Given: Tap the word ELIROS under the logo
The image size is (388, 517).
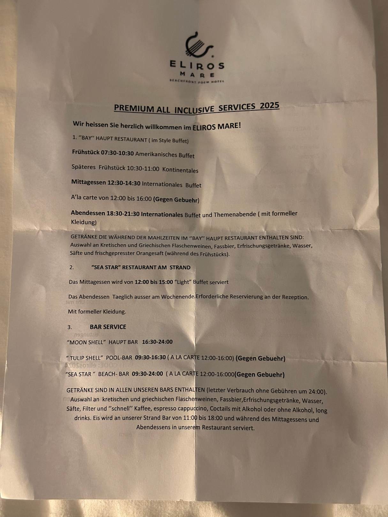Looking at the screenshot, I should point(197,65).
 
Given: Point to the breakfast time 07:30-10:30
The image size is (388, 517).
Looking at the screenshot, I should point(117,153).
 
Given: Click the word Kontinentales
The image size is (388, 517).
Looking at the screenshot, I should point(180,170).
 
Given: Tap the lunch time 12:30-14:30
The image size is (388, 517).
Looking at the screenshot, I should point(124,183).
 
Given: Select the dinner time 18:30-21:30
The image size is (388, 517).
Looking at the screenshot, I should point(123,214).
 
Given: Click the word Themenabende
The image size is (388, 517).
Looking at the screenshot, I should point(235,214).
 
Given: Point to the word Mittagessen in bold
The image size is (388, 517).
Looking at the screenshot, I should point(88,182).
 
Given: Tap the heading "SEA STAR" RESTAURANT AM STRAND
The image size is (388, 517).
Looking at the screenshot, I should point(141,267).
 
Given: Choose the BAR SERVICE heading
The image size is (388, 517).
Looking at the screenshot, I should point(108,327).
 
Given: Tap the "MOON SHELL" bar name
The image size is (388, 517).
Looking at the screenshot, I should point(86,342).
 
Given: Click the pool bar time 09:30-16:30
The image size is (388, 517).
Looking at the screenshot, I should point(150,358).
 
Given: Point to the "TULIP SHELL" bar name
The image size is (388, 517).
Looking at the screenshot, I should point(85,358).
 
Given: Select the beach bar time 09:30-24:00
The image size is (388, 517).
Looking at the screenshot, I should point(147,374).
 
